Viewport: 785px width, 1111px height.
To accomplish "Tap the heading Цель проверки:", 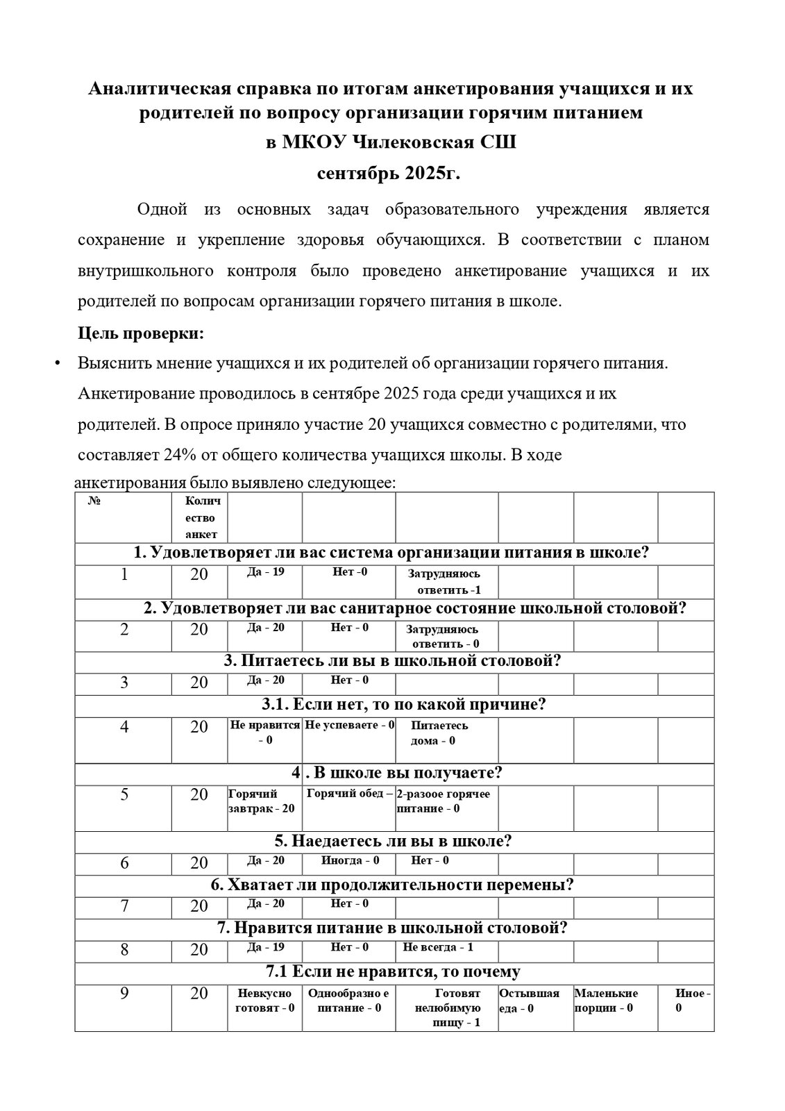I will [141, 333].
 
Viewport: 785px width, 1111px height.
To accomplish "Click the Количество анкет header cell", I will [201, 517].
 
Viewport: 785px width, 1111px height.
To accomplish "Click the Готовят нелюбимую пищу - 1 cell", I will [447, 1008].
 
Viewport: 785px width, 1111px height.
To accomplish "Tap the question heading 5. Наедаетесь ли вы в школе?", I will [394, 841].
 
